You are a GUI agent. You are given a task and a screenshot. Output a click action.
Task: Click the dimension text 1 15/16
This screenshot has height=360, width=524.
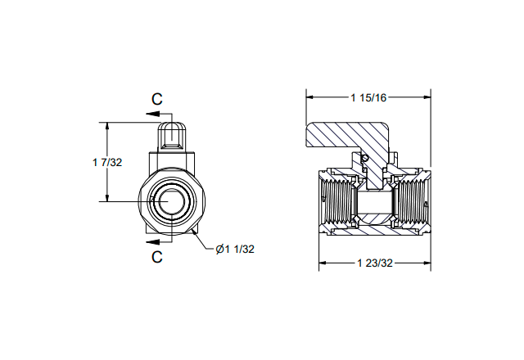368,97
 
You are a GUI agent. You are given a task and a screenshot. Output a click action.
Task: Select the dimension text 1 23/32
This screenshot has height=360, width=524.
375,263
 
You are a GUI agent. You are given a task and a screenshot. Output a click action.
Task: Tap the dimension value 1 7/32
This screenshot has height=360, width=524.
107,162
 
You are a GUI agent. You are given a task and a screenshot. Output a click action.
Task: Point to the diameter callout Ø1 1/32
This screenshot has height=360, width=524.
235,249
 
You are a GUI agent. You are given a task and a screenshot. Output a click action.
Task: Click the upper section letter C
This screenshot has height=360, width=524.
157,99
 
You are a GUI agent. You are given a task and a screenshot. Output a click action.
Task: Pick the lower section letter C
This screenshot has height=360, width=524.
157,257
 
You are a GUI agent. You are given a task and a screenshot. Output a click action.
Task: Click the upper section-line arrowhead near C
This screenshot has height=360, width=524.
153,114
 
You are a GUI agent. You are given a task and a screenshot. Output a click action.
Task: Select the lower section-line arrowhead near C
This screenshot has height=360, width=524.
153,241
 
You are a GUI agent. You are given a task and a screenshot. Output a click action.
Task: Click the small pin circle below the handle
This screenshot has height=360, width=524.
365,158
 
